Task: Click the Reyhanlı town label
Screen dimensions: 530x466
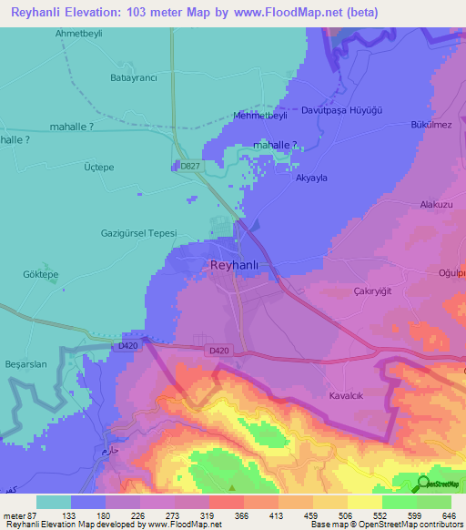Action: coord(235,265)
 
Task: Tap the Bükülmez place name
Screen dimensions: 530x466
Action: coord(431,124)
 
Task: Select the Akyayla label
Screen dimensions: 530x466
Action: coord(311,178)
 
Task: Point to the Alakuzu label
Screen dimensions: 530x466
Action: coord(436,206)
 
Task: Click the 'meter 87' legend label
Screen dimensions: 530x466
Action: coord(20,515)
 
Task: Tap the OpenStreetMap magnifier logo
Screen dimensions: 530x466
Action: coord(422,484)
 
